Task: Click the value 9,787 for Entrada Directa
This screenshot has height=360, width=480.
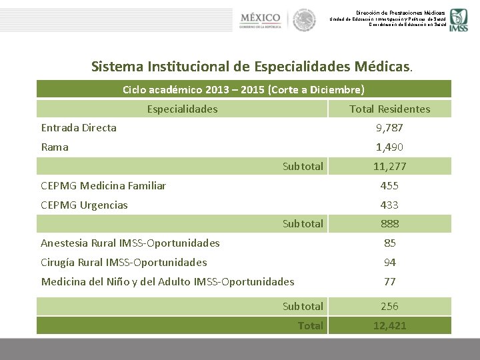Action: [389, 128]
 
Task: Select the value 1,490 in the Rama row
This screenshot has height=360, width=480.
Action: [389, 147]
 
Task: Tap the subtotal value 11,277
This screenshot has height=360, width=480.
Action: [389, 167]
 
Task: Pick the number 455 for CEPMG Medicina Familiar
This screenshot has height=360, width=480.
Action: [389, 186]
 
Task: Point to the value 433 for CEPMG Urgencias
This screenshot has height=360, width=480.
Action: [389, 205]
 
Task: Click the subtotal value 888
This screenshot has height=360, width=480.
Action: [389, 224]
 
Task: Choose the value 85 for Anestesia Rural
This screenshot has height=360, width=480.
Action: [389, 243]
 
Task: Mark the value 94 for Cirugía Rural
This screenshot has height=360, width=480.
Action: [389, 263]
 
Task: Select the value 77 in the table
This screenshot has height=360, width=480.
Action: [389, 282]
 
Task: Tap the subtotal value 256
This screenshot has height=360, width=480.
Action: [389, 307]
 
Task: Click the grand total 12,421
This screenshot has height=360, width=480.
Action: [389, 325]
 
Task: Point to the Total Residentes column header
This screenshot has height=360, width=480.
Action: [390, 109]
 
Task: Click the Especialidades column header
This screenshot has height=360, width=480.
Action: [182, 109]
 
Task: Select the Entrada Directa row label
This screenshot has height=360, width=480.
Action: [79, 128]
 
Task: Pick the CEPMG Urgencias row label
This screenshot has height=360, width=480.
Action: [85, 205]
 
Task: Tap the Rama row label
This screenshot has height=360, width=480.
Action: [55, 147]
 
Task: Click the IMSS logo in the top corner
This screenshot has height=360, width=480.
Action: [458, 20]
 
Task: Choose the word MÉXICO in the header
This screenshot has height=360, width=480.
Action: [261, 16]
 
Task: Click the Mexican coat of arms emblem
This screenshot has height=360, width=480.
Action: [304, 20]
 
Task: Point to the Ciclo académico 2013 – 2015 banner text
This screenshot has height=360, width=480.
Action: [243, 89]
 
